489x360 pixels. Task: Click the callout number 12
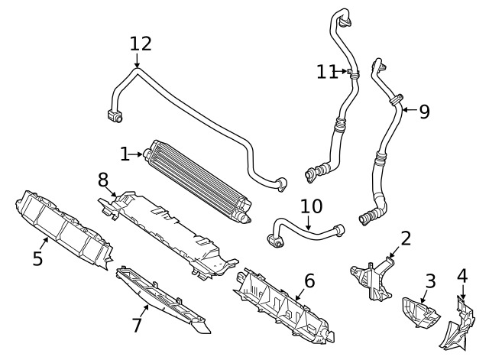(x=141, y=44)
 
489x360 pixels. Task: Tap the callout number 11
(x=327, y=72)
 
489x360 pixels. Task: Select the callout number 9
(x=425, y=112)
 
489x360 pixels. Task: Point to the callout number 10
(x=311, y=206)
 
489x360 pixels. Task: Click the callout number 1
(x=125, y=154)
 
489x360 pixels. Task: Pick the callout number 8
(x=103, y=180)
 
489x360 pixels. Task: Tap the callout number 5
(x=37, y=258)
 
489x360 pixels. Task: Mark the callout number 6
(x=309, y=281)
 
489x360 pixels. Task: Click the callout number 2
(x=406, y=238)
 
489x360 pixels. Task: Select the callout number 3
(x=430, y=281)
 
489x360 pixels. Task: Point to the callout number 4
(x=462, y=276)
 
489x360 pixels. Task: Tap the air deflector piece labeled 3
(x=419, y=313)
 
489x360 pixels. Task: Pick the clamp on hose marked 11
(x=353, y=73)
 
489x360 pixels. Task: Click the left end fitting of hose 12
(x=115, y=115)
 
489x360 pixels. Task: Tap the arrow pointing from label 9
(x=410, y=110)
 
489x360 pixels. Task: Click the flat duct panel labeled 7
(x=162, y=300)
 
